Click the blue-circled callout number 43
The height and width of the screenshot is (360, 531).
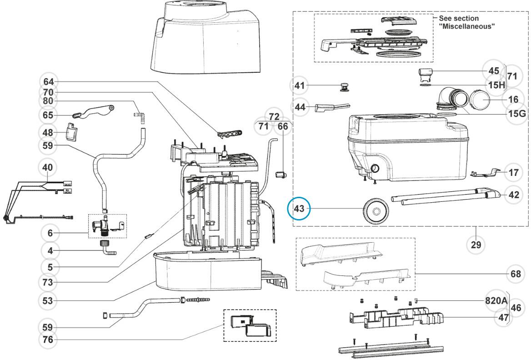coord(299,209)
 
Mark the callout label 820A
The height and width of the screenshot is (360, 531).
coord(497,301)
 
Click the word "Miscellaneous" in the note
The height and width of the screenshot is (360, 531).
coord(466,26)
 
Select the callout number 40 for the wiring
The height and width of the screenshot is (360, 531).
coord(48,167)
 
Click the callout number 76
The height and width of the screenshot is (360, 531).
coord(48,340)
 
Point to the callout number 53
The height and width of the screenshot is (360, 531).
coord(48,301)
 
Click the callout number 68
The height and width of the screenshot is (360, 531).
coord(514,274)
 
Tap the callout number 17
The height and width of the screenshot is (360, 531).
coord(514,173)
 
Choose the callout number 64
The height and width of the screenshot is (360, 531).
coord(48,82)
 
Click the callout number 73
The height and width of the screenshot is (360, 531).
coord(48,282)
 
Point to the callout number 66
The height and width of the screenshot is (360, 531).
coord(283,126)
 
